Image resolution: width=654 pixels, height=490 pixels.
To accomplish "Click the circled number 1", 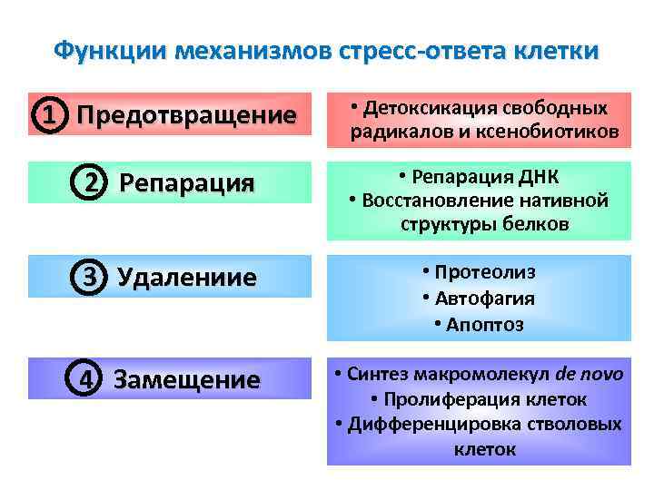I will coord(53,116).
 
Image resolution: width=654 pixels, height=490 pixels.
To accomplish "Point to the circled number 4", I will coord(84,378).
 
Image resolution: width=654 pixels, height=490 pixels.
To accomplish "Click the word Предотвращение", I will coord(186,116).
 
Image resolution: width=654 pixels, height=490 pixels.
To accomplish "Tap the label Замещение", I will coord(186,379).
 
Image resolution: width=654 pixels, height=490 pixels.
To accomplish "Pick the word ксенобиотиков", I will coord(557,133).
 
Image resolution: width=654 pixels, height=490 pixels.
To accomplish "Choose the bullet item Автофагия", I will coord(483,299).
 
